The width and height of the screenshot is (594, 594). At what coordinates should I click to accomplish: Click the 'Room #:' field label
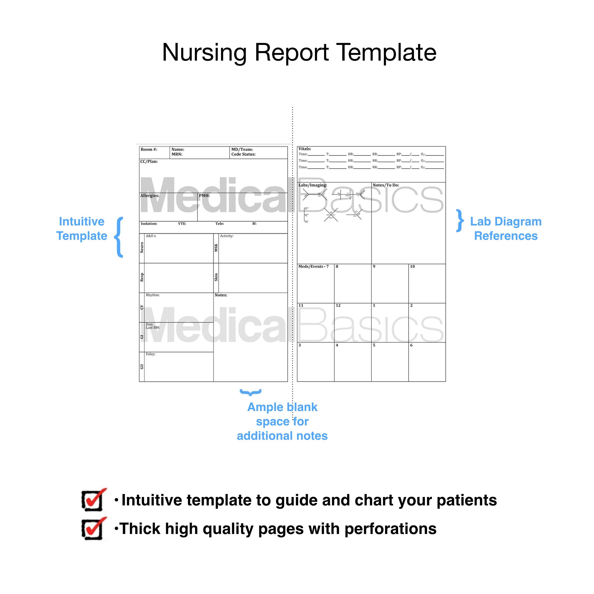pos(149,149)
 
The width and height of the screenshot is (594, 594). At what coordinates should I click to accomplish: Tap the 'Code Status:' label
pos(243,154)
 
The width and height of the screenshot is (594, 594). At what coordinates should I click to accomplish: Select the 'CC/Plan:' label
pos(149,161)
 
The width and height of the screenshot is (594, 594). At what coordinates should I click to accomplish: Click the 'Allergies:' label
pos(150,196)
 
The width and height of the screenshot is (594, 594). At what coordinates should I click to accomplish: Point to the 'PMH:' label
pos(204,196)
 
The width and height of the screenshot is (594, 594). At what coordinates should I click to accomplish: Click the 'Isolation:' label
pos(149,223)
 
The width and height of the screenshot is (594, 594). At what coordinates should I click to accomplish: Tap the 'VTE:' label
pos(182,223)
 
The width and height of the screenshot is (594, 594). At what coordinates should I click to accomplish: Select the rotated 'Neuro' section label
pos(142,247)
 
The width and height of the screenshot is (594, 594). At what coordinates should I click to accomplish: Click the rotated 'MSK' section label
pos(216,247)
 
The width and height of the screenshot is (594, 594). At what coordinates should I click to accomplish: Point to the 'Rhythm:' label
pos(152,295)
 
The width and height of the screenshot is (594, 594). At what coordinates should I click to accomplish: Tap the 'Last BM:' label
pos(152,328)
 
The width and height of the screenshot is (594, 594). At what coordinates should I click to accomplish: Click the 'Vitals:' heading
pos(305,149)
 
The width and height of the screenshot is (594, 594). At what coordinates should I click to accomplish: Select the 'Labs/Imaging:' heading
pos(313,185)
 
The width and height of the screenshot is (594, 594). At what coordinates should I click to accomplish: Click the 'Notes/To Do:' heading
pos(386,185)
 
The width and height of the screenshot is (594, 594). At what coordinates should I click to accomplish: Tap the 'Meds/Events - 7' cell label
pos(313,266)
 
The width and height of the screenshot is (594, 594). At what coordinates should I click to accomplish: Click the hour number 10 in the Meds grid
pos(412,266)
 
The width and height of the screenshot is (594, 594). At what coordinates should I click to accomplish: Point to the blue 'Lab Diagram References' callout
pos(505,228)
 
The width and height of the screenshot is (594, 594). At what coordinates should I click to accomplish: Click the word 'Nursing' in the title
pos(204,52)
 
